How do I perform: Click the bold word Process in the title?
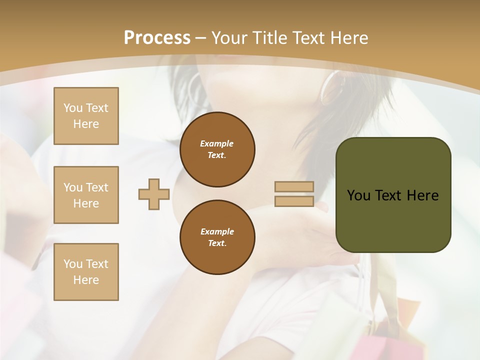coord(157,38)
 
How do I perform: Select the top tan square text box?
coord(86,116)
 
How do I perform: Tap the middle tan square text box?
coord(86,195)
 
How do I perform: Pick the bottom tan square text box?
coord(86,271)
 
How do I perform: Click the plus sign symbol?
coord(154,194)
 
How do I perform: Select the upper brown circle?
coord(217,149)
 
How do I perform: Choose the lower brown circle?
coord(217,237)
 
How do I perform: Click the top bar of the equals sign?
coord(294,187)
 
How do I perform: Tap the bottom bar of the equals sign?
coord(294,201)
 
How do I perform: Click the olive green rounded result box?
coord(393,220)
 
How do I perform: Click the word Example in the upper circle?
coord(216,143)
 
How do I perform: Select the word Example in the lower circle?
coord(216,231)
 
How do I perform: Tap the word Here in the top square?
coord(86,124)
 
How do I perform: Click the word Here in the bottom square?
coord(86,280)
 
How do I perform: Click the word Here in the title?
coord(349,38)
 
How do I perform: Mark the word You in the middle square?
coord(72,187)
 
